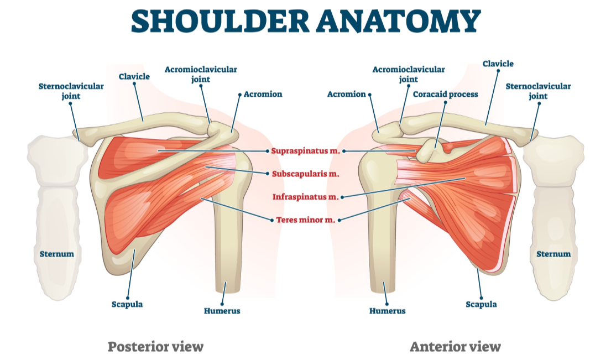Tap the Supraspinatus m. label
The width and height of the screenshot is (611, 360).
coord(306,151)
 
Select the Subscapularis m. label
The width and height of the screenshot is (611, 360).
coord(305,174)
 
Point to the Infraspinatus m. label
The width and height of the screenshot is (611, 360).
coord(306,196)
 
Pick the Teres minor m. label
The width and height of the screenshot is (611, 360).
coord(306,220)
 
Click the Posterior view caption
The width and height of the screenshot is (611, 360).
coord(155,347)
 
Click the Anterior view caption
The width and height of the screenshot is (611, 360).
coord(455,347)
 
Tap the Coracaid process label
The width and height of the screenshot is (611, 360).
coord(445,95)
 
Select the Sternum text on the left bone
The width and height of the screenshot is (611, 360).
coord(56,254)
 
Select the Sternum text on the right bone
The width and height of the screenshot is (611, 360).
coord(553,254)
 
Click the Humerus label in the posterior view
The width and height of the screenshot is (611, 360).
coord(222,311)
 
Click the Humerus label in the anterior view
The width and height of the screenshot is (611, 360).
coord(387,311)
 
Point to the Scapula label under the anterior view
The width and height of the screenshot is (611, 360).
coord(481,304)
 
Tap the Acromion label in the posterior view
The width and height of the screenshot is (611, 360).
coord(263,94)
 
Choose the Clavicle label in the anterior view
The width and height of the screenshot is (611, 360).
coord(498,64)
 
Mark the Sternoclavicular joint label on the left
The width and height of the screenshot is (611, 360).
coord(71,91)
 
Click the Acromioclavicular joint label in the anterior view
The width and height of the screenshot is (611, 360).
coord(408,74)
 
